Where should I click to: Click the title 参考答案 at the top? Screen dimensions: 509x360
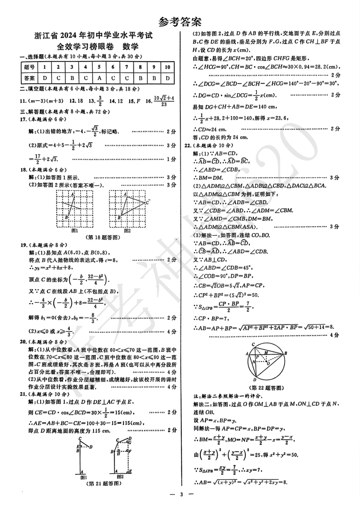coord(180,22)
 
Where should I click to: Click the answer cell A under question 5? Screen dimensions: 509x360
coord(99,78)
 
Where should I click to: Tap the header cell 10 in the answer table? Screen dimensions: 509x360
coord(167,67)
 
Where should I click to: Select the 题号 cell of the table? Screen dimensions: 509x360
coord(30,67)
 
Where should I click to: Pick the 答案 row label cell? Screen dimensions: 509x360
coord(30,78)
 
